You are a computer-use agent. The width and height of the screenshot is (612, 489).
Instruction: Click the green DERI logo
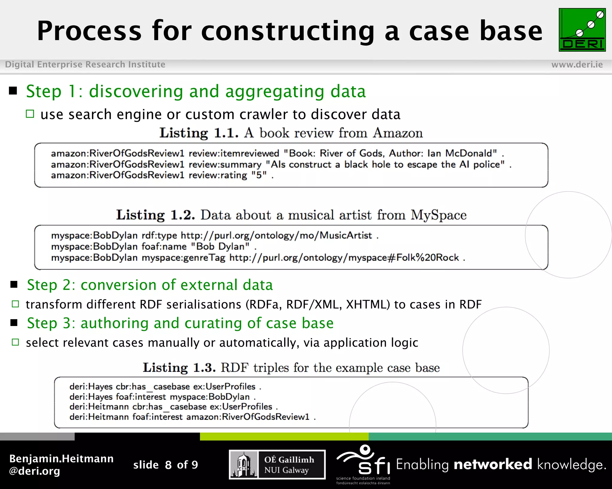point(582,30)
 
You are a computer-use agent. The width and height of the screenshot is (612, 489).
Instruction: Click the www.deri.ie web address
point(577,64)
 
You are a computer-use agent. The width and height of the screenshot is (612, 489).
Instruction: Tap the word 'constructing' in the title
point(288,31)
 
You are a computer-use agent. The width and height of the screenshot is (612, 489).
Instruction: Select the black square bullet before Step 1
point(13,91)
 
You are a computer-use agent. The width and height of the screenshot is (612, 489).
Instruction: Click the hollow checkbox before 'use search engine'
point(30,114)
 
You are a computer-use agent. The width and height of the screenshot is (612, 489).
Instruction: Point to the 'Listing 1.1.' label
point(199,133)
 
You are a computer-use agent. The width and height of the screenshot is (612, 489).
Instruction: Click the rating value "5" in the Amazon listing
point(259,175)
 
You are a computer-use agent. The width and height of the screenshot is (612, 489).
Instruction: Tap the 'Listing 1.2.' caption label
point(155,215)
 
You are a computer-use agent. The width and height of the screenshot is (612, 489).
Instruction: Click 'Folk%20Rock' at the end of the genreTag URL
point(428,258)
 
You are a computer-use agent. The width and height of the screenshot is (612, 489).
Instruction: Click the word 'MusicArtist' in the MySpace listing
point(346,236)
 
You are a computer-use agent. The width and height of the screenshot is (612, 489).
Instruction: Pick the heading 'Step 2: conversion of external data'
point(150,285)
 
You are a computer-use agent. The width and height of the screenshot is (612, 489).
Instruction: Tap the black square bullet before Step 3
point(14,323)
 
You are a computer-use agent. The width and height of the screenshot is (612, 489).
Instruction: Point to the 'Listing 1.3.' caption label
point(179,368)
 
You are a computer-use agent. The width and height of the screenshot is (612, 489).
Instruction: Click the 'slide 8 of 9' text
point(166,465)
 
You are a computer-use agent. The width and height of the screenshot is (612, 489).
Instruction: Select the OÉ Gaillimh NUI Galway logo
point(277,465)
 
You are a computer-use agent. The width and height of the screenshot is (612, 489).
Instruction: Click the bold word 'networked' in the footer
point(493,465)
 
